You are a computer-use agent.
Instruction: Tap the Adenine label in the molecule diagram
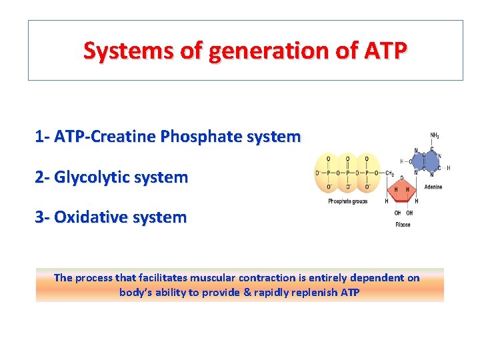(433, 187)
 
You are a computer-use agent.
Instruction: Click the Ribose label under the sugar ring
(403, 225)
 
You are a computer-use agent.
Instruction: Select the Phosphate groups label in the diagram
(347, 201)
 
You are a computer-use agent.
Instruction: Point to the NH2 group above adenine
(434, 136)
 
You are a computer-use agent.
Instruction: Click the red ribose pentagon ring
(403, 189)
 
